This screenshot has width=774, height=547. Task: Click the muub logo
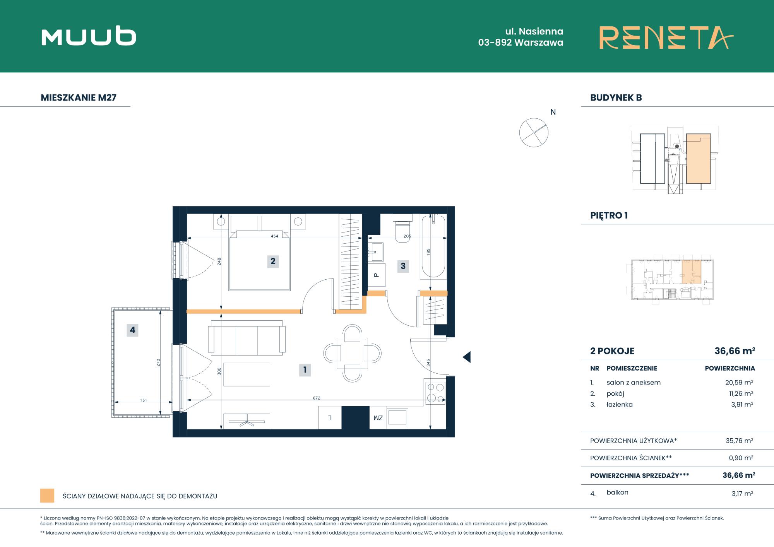pos(89,37)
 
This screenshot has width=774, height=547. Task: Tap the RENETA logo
pos(666,38)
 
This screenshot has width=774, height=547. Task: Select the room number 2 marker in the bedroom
pos(273,261)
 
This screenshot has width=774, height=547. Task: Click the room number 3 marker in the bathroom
pos(403,266)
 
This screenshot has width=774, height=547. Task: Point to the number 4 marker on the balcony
pos(132,330)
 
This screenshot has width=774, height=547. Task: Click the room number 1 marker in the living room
pos(305,370)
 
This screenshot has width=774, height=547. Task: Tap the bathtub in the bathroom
pos(433,246)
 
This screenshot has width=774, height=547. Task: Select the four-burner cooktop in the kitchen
pos(435,392)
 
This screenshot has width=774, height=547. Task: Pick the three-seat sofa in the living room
pos(247,337)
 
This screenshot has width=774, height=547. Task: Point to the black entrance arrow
pos(467,357)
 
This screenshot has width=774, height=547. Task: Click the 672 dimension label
pos(317,398)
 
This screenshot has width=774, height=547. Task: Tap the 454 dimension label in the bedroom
pos(274,236)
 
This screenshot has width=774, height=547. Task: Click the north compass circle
pos(534,132)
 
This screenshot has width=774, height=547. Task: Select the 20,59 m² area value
pos(739,382)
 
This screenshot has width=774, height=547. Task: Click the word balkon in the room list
pos(618,492)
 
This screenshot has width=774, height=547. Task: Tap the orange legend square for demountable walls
pos(47,496)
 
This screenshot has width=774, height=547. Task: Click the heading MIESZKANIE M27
pos(79,97)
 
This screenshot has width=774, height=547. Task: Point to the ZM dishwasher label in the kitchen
pos(378,418)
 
